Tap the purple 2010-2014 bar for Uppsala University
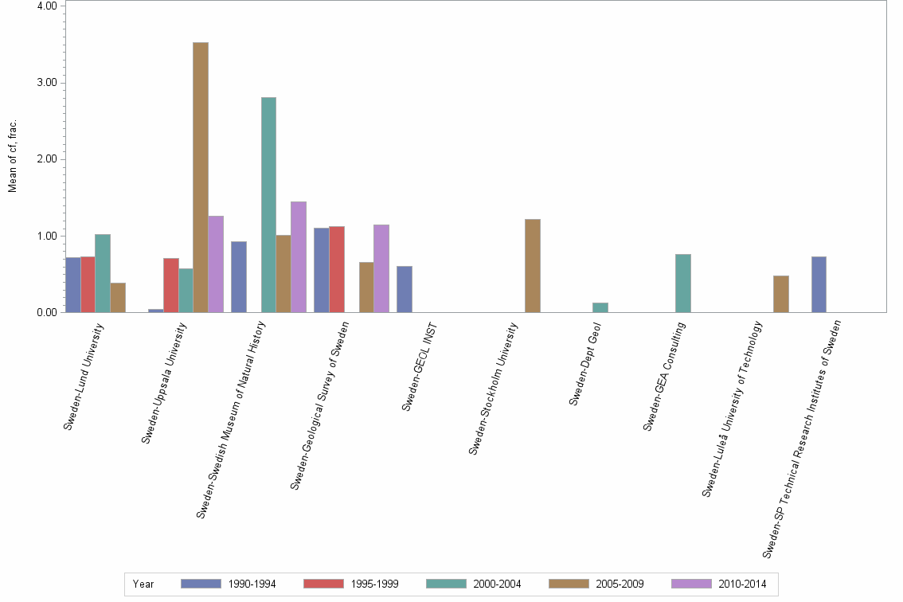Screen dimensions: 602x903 point(216,264)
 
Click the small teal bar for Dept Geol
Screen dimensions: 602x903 point(600,307)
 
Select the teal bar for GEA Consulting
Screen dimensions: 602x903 point(682,283)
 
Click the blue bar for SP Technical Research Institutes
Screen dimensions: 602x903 point(819,284)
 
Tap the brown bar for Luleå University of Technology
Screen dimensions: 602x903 point(780,294)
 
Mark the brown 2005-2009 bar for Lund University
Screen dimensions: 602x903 point(118,297)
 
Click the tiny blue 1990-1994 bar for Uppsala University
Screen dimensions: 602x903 point(155,311)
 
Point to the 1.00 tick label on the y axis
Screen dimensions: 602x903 point(45,236)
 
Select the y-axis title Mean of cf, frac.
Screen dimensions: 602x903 point(12,156)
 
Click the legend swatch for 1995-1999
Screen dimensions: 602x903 point(322,584)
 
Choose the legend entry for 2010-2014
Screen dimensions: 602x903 point(720,584)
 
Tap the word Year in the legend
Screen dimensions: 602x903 point(143,584)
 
